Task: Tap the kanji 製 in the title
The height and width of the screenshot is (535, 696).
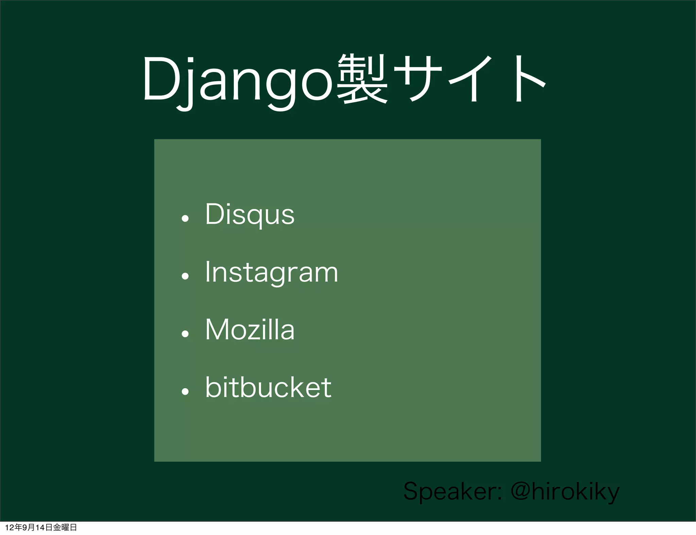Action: pos(362,79)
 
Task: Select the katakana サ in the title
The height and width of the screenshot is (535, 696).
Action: pos(418,79)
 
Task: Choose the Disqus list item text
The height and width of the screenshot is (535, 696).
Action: pos(250,215)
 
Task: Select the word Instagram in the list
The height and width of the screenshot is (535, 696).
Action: pos(272,272)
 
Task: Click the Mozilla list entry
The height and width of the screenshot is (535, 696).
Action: pos(250,330)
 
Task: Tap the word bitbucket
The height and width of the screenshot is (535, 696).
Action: pos(268,387)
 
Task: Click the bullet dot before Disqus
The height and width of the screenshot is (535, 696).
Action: pos(185,218)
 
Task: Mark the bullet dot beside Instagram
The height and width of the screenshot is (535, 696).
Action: pos(185,276)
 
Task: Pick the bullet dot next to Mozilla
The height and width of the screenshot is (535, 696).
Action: pos(185,334)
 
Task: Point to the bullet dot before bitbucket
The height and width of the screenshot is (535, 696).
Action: pos(185,391)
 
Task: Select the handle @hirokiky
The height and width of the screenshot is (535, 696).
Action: pos(565,491)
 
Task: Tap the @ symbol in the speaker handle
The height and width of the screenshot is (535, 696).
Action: pos(520,491)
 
